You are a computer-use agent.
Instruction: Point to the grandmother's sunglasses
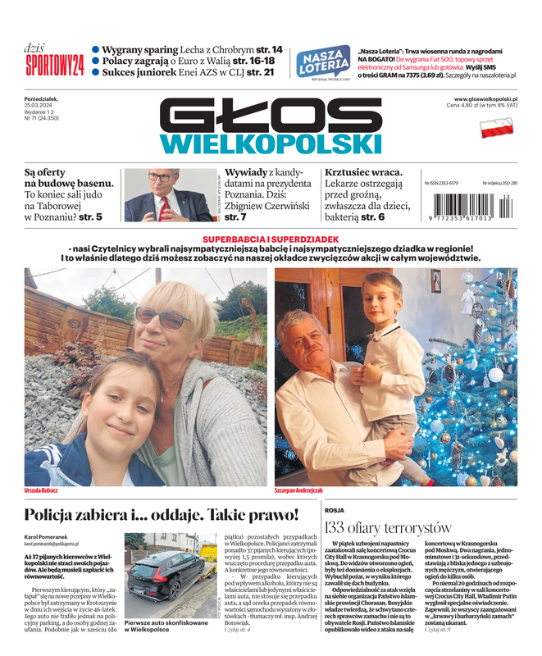point(163,317)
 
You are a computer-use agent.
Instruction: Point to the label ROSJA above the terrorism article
point(335,509)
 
